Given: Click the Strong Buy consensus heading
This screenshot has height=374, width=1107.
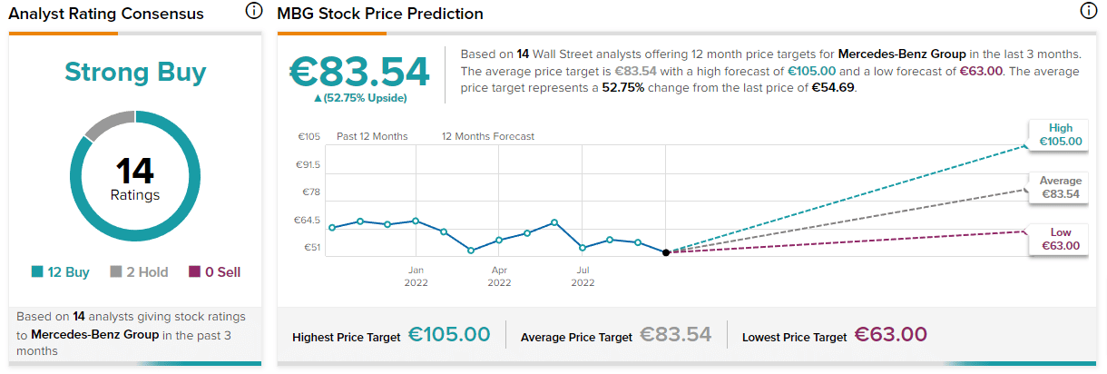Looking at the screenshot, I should click(x=135, y=73).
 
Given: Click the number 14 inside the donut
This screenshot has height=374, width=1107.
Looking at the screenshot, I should click(x=135, y=171).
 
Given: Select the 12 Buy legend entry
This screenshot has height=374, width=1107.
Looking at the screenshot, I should click(x=60, y=271).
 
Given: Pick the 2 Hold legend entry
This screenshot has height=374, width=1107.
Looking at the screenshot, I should click(x=138, y=271).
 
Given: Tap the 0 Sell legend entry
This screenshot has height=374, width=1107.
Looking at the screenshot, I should click(x=214, y=271).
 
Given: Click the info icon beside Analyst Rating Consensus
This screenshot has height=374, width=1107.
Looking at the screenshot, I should click(x=254, y=12).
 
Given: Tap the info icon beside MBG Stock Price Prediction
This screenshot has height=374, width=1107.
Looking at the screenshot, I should click(x=1088, y=12).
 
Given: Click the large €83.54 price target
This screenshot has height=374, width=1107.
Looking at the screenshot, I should click(x=359, y=73).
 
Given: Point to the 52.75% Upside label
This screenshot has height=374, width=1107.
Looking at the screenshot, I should click(x=360, y=98).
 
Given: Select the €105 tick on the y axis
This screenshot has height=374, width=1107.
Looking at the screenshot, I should click(x=309, y=137).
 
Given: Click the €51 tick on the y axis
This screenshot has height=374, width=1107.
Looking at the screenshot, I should click(x=310, y=247).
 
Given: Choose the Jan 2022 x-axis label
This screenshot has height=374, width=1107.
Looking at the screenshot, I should click(x=416, y=276).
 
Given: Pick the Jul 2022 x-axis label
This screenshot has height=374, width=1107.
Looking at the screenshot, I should click(x=583, y=276).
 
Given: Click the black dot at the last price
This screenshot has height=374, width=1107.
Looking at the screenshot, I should click(x=666, y=252).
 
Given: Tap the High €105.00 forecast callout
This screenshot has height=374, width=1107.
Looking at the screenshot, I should click(x=1060, y=135).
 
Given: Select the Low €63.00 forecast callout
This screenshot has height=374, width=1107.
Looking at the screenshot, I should click(x=1060, y=240).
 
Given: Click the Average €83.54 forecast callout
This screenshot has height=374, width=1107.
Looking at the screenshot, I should click(x=1060, y=188).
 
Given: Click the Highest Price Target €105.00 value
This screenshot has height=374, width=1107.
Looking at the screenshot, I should click(x=449, y=336).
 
